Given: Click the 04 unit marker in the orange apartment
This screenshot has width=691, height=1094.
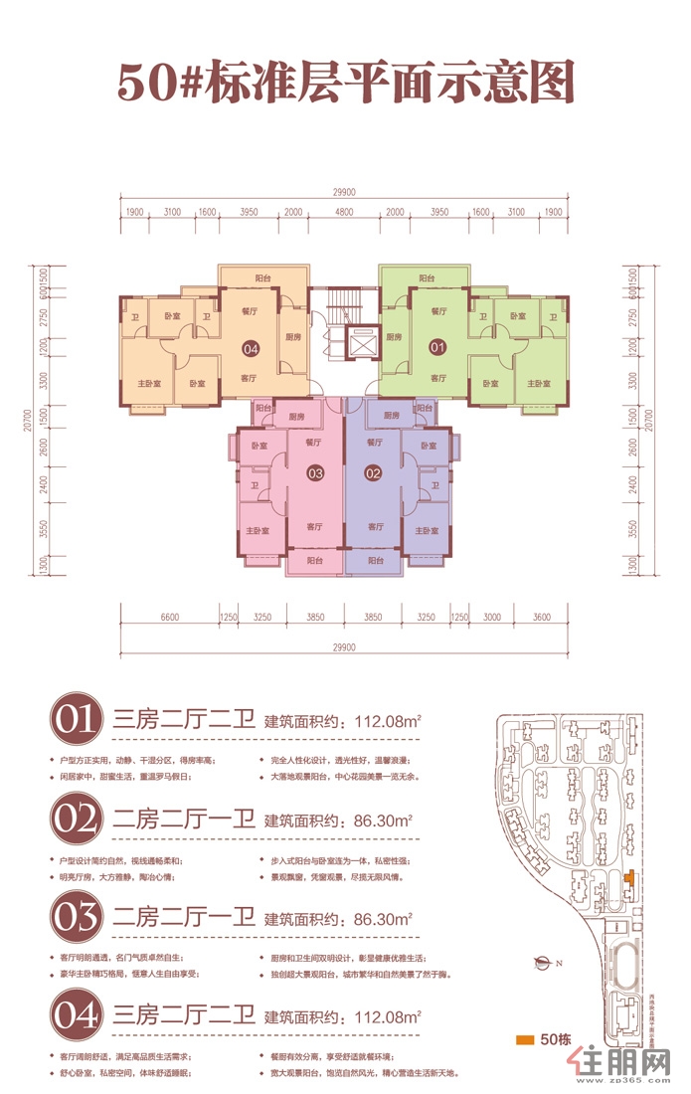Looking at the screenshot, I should click(251, 349).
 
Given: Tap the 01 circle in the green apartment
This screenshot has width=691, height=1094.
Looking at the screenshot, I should click(434, 349).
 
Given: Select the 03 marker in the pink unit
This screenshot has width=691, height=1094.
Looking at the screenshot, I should click(315, 473).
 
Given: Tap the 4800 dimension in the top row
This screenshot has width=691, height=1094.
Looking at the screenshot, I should click(344, 213).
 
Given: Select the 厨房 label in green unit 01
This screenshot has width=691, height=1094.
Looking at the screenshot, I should click(394, 336).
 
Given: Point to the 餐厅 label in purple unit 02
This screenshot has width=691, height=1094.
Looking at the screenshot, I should click(375, 442).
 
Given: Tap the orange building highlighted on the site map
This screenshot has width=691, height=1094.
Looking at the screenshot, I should click(629, 877).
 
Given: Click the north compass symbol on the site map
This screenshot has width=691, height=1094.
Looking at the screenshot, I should click(543, 961).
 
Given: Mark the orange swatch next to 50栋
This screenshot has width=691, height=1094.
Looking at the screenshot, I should click(525, 1041).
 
